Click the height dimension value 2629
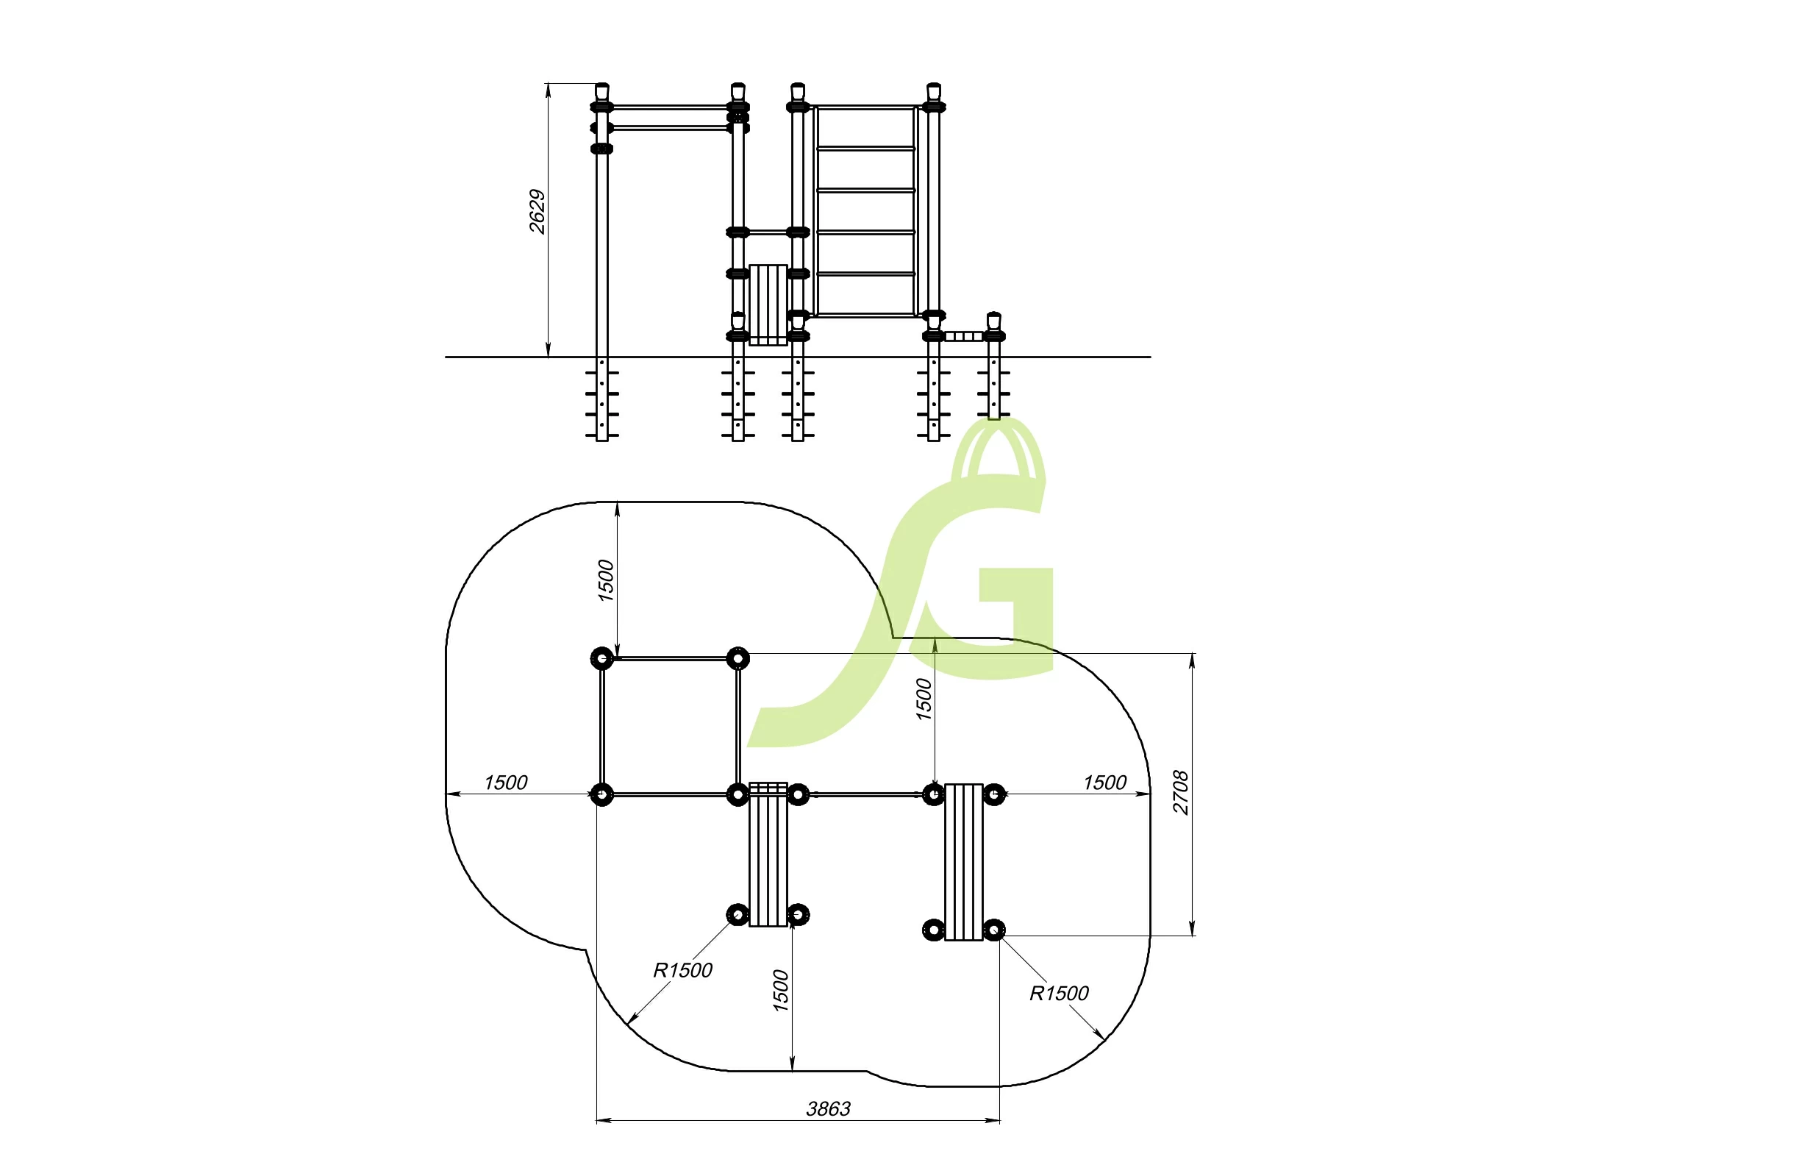pyautogui.click(x=537, y=212)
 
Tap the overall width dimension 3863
pyautogui.click(x=828, y=1109)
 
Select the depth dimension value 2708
pyautogui.click(x=1181, y=792)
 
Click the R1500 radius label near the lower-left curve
pyautogui.click(x=682, y=971)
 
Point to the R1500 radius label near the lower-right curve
pyautogui.click(x=1059, y=994)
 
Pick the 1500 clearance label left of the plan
pyautogui.click(x=505, y=783)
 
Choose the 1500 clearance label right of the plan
pyautogui.click(x=1105, y=783)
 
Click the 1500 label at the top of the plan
pyautogui.click(x=606, y=581)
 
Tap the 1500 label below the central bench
pyautogui.click(x=780, y=991)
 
